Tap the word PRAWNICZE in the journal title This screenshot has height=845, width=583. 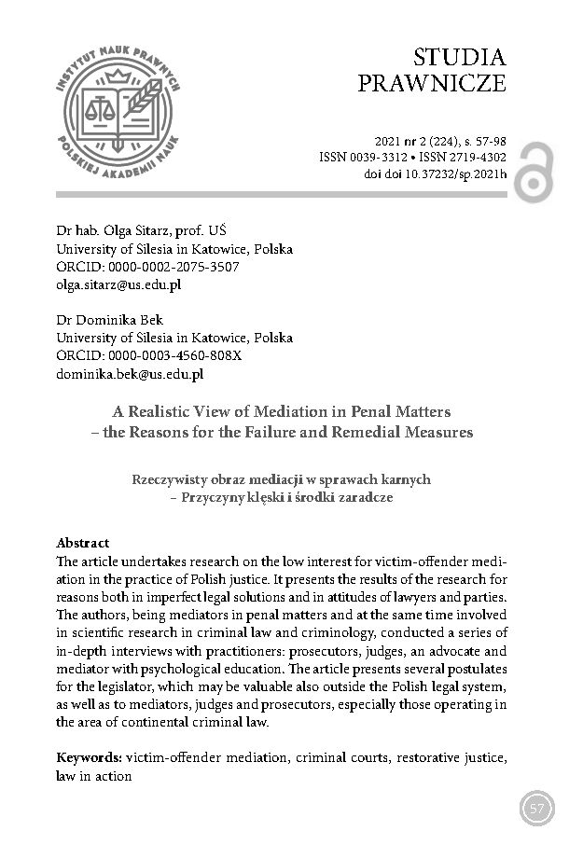[432, 85]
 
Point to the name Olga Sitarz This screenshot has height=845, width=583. [126, 231]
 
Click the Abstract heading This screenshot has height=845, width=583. [83, 542]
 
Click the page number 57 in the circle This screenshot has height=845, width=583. [537, 808]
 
